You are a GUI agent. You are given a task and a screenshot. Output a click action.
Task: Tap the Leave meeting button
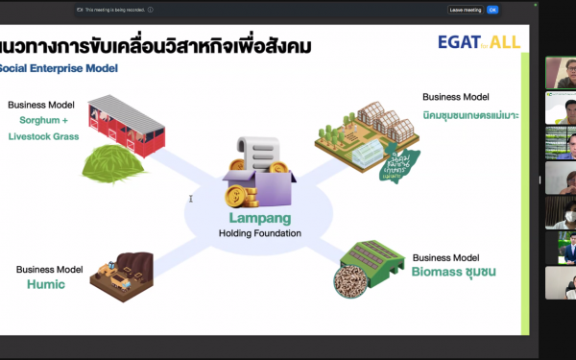tap(465, 10)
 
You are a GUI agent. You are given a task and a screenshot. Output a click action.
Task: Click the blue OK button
tap(492, 10)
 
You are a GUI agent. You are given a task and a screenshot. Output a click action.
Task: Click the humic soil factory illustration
tap(121, 276)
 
